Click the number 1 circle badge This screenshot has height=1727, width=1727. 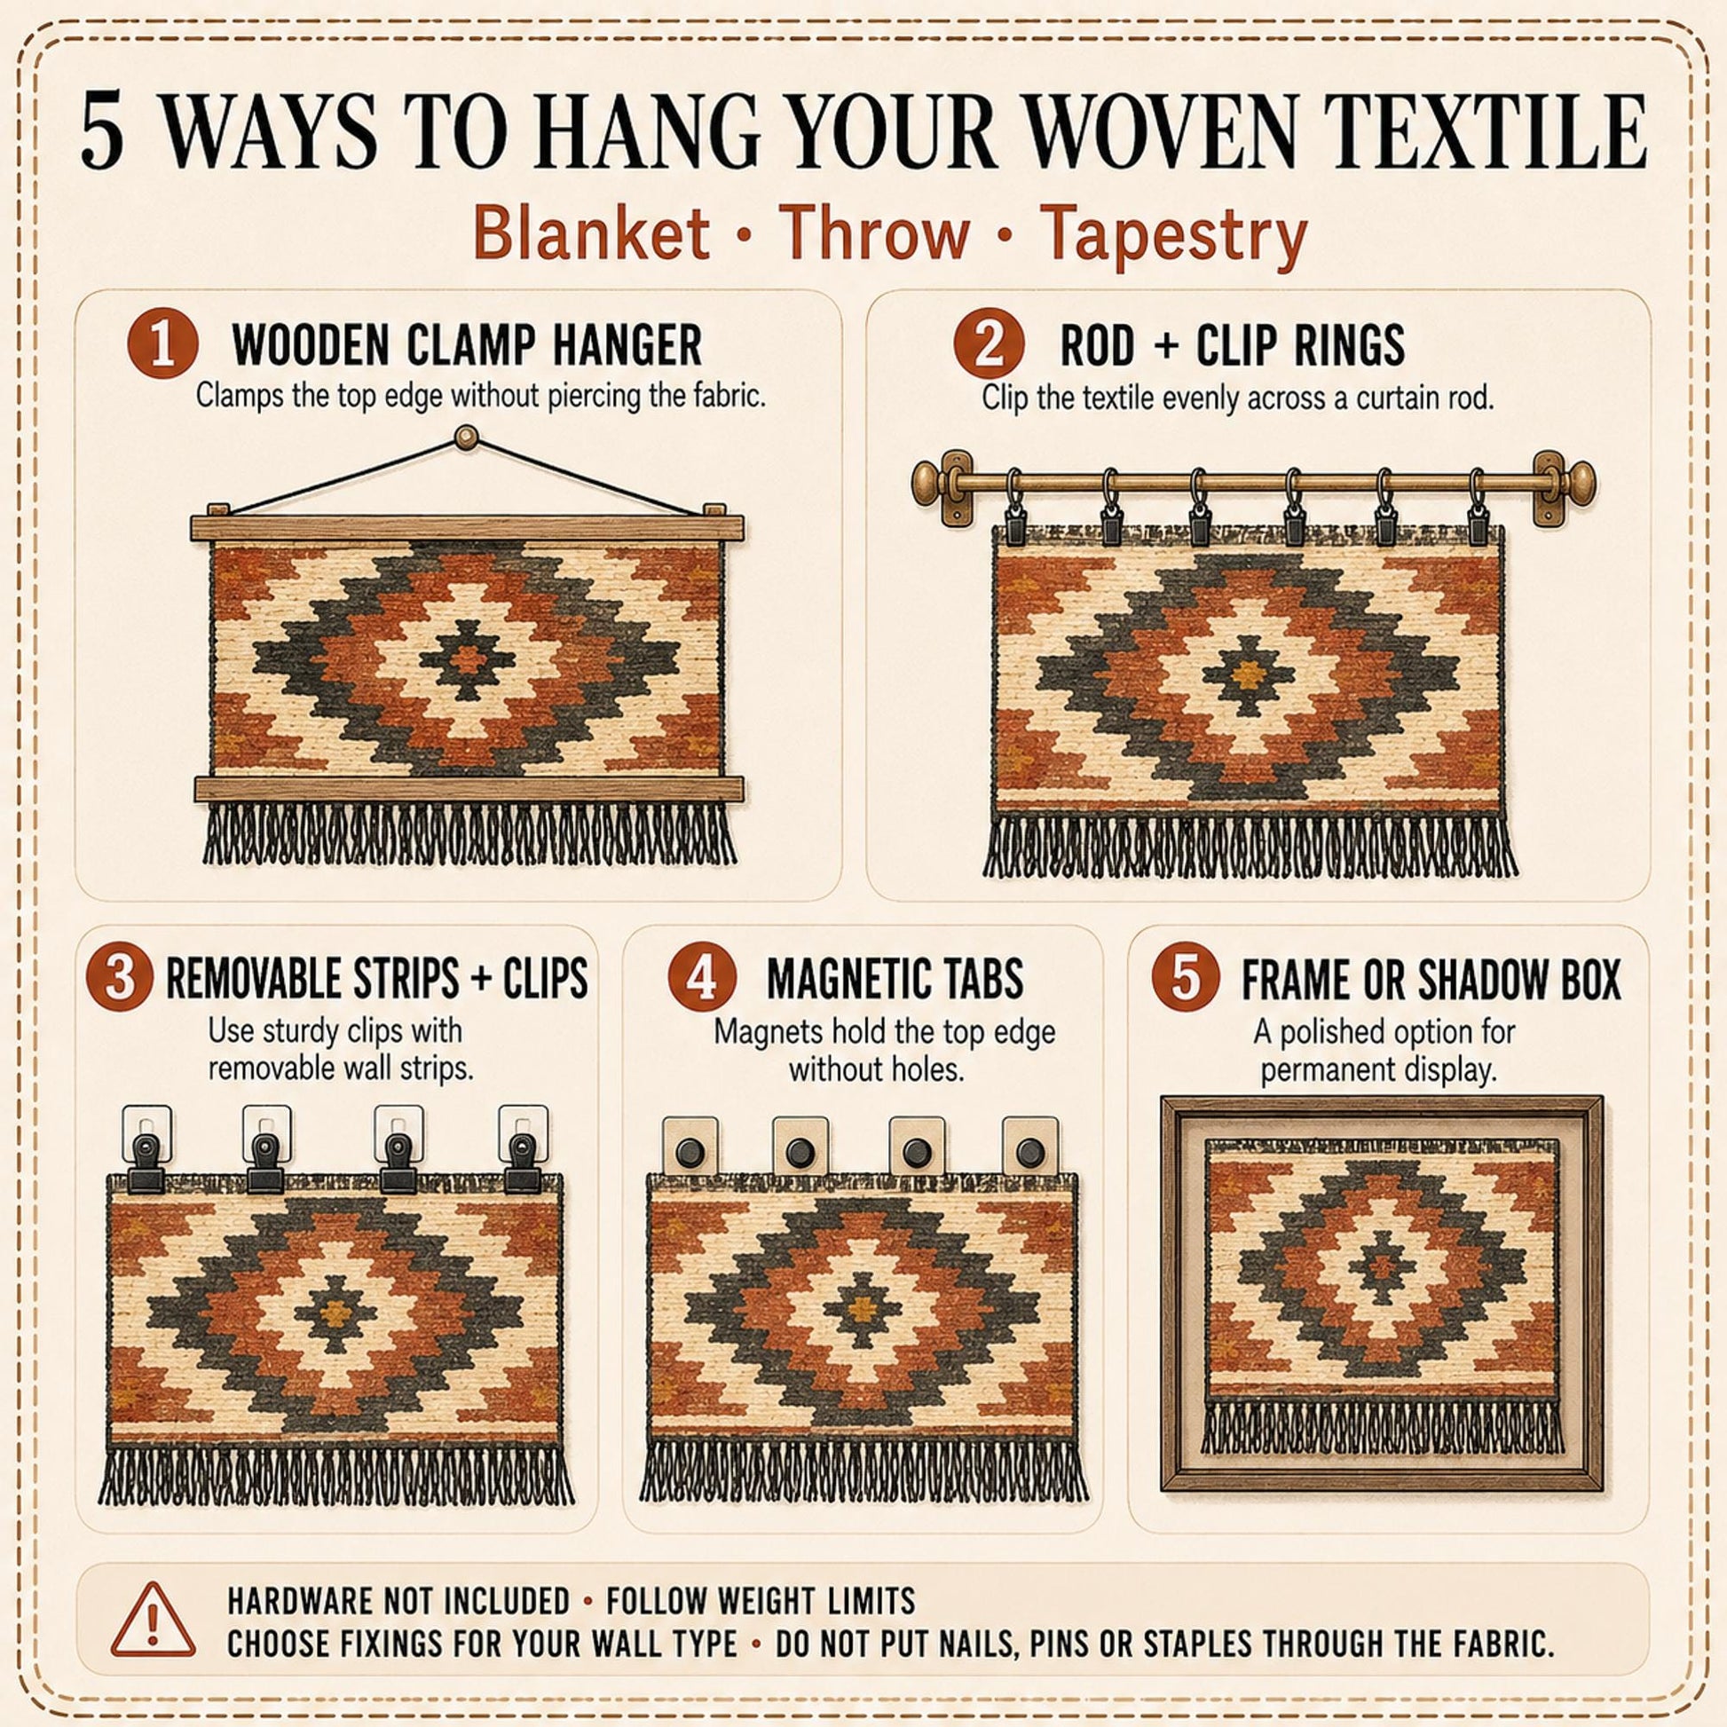click(x=162, y=347)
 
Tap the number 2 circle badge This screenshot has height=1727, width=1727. click(x=988, y=347)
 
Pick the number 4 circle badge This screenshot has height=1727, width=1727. click(x=703, y=979)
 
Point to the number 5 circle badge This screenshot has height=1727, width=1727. click(x=1187, y=979)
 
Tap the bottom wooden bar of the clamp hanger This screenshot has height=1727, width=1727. click(x=469, y=789)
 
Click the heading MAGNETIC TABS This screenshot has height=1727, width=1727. click(x=895, y=979)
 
